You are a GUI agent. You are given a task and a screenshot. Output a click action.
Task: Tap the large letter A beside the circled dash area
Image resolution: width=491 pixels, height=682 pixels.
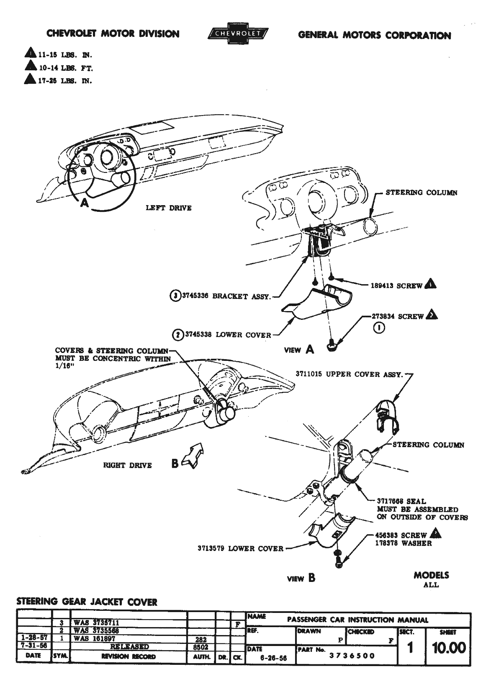85,203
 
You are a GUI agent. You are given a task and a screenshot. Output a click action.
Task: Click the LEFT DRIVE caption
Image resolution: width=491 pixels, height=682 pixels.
168,208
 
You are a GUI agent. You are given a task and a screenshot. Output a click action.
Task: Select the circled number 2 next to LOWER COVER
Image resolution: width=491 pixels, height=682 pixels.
177,335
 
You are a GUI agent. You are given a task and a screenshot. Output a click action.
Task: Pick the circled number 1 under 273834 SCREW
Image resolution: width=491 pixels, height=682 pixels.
379,328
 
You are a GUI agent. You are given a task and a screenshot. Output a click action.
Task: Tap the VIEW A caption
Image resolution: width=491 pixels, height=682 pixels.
299,350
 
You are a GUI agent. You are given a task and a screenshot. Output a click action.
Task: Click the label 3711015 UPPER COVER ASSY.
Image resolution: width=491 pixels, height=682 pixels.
349,374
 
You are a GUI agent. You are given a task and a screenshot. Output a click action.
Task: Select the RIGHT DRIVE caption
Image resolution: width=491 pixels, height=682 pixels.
127,465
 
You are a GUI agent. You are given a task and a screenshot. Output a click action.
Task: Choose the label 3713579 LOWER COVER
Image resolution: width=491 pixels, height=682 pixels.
240,548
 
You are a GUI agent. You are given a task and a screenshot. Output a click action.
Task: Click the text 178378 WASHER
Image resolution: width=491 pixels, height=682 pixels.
404,543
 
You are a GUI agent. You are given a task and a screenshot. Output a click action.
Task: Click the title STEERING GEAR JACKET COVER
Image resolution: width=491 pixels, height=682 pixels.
87,602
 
